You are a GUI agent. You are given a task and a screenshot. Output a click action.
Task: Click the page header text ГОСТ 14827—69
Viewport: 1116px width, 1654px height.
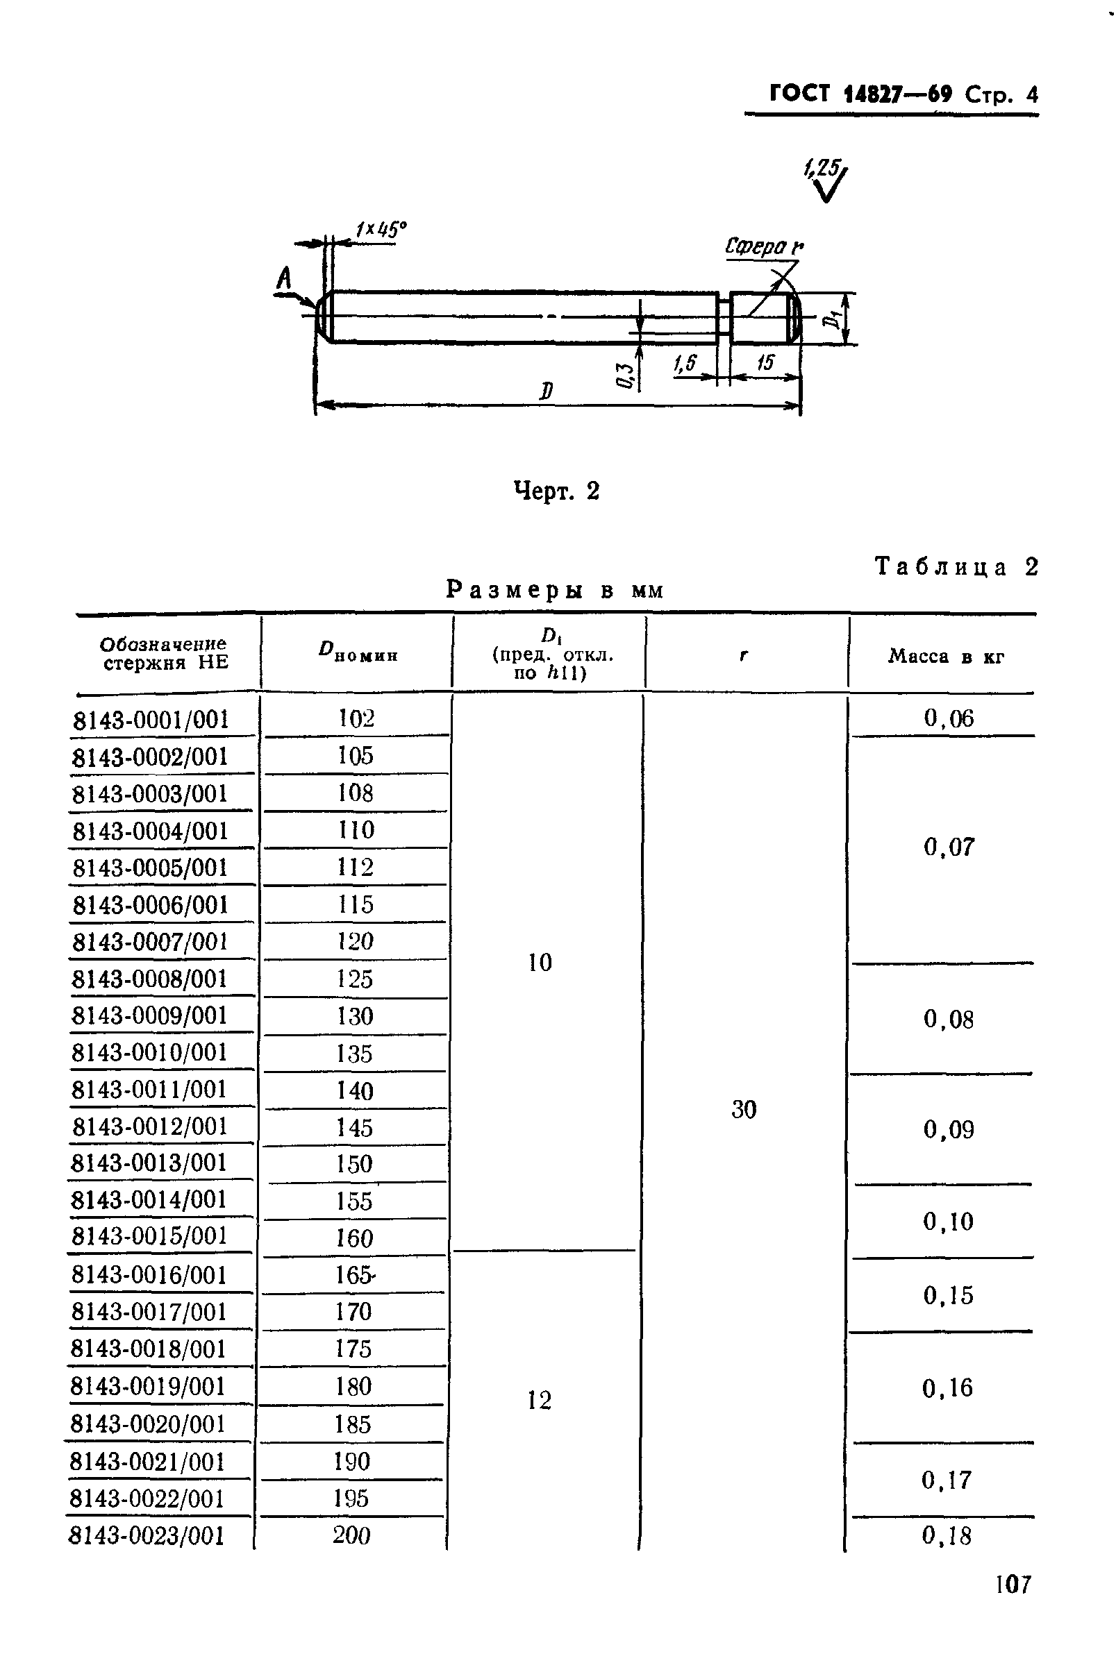[860, 94]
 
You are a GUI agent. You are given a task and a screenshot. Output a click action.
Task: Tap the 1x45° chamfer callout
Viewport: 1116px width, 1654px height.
[381, 229]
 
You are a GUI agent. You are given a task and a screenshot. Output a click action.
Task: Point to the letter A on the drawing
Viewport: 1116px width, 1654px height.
[284, 278]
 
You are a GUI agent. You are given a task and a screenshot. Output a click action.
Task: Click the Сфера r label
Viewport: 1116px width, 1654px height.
[763, 247]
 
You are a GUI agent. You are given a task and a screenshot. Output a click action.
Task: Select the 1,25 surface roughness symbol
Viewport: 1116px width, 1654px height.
[826, 180]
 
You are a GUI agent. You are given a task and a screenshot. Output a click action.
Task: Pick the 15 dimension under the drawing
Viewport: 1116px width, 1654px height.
[765, 363]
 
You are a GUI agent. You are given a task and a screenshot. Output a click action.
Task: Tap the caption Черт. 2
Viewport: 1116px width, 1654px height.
[556, 491]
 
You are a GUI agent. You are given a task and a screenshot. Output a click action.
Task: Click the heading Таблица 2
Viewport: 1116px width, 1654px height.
[956, 567]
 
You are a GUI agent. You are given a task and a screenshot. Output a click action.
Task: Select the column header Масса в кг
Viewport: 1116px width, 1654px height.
[945, 656]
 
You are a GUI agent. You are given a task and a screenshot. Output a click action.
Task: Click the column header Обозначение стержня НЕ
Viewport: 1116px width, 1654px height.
[165, 653]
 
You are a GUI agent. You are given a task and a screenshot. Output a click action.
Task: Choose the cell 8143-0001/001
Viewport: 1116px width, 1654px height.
[151, 719]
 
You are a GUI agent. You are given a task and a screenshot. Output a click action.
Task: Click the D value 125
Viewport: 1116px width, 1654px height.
[354, 979]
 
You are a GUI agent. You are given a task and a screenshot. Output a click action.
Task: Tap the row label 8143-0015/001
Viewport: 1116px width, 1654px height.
[149, 1235]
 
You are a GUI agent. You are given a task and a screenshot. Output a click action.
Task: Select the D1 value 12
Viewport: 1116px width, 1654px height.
[540, 1400]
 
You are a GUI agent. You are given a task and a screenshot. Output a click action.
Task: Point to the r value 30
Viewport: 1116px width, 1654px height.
[744, 1109]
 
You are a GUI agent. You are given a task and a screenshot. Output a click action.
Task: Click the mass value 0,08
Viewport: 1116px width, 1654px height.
[948, 1020]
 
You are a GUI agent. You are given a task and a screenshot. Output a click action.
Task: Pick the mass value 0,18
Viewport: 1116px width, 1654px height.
[946, 1535]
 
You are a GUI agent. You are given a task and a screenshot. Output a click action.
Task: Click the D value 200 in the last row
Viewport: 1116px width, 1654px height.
[351, 1535]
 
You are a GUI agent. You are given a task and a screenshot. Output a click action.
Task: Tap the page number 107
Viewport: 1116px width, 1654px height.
[1013, 1585]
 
